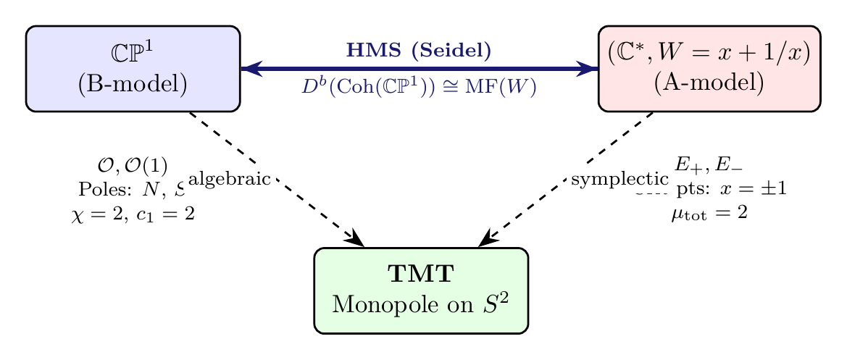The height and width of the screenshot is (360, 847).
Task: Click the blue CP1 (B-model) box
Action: coord(133,69)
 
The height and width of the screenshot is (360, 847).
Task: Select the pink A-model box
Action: coord(709,69)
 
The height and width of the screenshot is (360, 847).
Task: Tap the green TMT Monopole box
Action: coord(420,290)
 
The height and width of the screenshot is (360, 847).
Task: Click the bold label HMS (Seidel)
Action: coord(419,51)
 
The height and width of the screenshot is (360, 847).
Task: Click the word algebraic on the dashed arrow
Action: coord(230,179)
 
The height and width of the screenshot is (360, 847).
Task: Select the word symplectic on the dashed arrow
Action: coord(619,179)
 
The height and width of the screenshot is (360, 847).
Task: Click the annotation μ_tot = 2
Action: coord(709,214)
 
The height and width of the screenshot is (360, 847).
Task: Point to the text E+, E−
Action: coord(709,165)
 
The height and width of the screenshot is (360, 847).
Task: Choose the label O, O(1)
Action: coord(133,165)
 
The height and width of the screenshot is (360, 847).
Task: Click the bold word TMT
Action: coord(420,275)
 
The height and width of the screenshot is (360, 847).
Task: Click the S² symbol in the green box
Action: coord(495,303)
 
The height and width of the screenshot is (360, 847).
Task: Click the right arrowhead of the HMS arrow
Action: coord(590,69)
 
